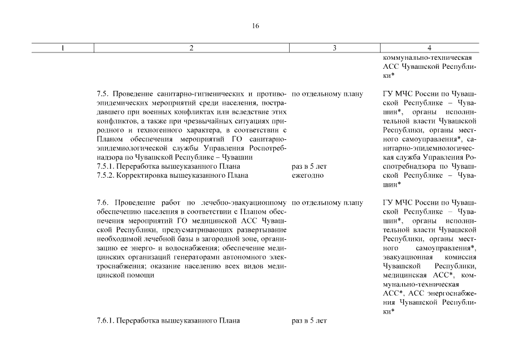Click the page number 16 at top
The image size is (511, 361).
point(256,26)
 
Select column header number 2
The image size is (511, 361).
point(191,48)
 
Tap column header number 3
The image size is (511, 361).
point(334,48)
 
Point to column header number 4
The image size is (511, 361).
point(430,48)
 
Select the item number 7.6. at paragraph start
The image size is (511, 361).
point(102,201)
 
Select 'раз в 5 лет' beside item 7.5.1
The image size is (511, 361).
point(309,166)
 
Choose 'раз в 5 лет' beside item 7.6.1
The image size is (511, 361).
point(309,321)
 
